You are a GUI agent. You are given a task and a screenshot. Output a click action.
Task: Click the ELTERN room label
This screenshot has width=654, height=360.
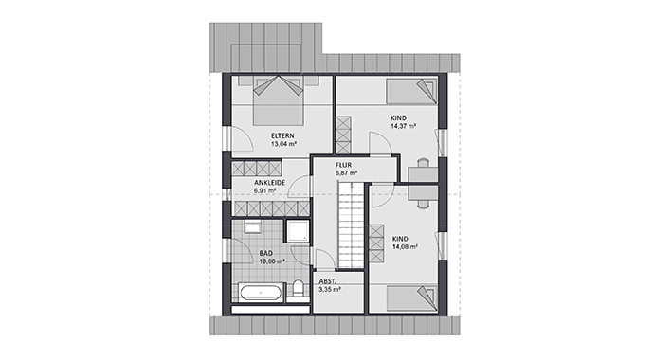[x=283, y=135]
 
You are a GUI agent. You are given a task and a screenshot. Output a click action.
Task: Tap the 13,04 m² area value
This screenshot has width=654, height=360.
[x=283, y=145]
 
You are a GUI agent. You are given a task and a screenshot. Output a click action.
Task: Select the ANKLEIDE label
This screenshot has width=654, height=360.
[x=259, y=182]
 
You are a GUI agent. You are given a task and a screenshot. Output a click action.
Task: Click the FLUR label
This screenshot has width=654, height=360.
[x=344, y=165]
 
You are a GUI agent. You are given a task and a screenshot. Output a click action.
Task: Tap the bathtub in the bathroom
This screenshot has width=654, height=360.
[x=260, y=293]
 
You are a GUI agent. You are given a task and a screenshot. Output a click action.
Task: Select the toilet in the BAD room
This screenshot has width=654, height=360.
[x=299, y=290]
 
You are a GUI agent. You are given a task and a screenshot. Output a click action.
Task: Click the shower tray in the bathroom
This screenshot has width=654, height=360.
[x=299, y=233]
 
